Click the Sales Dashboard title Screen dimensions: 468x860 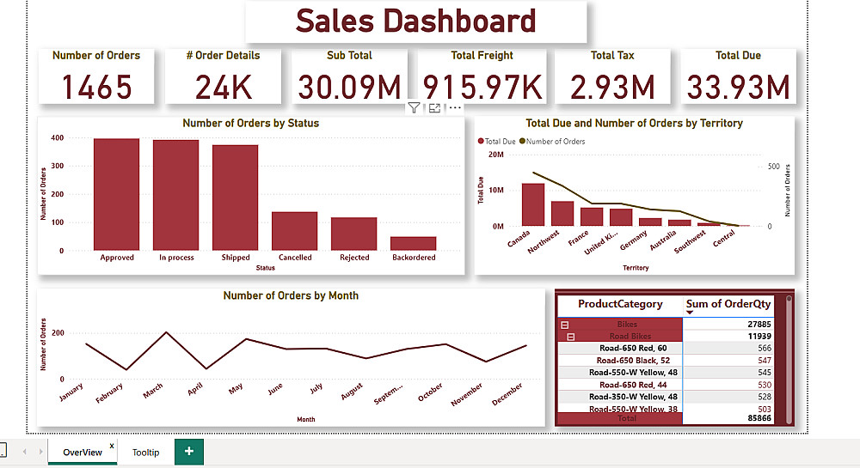[x=415, y=21]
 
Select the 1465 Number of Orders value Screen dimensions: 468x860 [x=96, y=87]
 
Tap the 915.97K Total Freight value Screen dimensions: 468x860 [x=482, y=87]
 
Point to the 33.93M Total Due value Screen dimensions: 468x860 [x=738, y=87]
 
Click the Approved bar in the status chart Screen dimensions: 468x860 [x=117, y=194]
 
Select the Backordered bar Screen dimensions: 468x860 [x=414, y=243]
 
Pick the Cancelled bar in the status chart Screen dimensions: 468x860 [x=295, y=231]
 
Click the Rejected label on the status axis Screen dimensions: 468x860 [x=354, y=258]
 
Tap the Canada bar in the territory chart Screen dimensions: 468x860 [x=533, y=204]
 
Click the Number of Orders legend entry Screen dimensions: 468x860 [x=555, y=142]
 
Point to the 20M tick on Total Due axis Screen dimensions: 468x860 [x=495, y=155]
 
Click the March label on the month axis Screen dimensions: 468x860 [x=153, y=392]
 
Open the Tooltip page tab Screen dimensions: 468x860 [x=145, y=452]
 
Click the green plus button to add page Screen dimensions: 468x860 [x=189, y=452]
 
